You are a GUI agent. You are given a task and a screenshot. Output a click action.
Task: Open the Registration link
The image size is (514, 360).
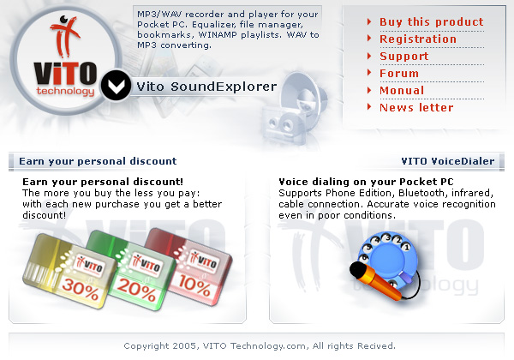pos(418,39)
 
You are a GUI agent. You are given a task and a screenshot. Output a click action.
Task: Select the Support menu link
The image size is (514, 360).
pos(403,56)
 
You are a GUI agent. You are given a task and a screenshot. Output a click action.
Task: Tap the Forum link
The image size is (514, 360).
pos(399,73)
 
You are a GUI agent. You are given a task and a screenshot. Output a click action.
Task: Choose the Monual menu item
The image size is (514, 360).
pos(402,90)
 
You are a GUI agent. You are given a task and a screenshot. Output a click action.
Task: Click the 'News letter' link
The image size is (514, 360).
pos(416,107)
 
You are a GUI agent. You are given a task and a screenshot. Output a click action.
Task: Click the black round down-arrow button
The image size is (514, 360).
pos(116,87)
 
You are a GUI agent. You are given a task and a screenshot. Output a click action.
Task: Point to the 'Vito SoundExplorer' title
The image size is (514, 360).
pos(206,87)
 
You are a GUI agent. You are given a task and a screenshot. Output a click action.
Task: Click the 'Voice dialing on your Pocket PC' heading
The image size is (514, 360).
pos(366,182)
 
